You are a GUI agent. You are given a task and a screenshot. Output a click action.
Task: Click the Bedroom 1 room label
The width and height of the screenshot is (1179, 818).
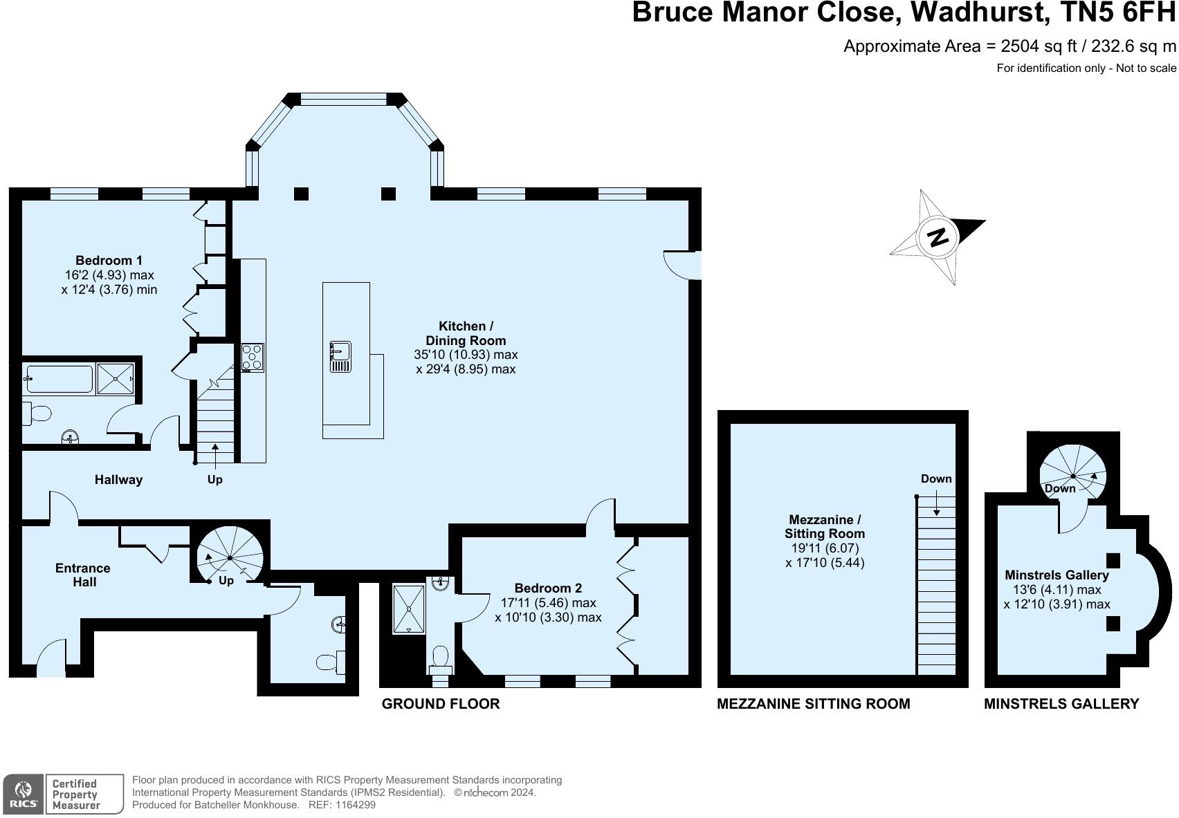(x=109, y=261)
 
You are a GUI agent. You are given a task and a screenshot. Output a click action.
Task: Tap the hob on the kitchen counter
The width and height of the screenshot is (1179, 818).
(x=253, y=357)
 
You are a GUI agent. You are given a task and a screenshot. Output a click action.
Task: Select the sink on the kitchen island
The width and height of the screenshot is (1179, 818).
(x=340, y=357)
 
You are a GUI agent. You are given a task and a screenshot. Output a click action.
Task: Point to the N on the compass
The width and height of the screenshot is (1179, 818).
(x=938, y=237)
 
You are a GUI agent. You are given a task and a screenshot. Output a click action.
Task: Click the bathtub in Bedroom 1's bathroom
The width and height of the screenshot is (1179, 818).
(x=59, y=379)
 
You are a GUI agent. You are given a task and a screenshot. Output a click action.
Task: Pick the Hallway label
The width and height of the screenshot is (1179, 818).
(x=118, y=480)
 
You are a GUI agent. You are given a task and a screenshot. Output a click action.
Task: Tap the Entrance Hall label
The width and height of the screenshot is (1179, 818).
(x=83, y=575)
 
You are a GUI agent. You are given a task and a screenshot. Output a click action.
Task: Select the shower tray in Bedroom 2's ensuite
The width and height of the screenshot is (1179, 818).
(x=409, y=609)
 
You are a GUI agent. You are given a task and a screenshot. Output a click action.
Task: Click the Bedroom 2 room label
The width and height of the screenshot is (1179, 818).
(x=549, y=588)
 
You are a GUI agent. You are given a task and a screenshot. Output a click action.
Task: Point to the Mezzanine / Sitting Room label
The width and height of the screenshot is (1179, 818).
(x=825, y=527)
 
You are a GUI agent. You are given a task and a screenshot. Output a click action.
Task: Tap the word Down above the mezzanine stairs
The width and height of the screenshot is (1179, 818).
(x=936, y=478)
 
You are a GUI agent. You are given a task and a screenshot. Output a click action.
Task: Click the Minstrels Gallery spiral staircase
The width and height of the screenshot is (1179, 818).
(x=1073, y=476)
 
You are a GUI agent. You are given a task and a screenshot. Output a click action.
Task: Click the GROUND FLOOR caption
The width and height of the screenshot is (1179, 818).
(x=441, y=704)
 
